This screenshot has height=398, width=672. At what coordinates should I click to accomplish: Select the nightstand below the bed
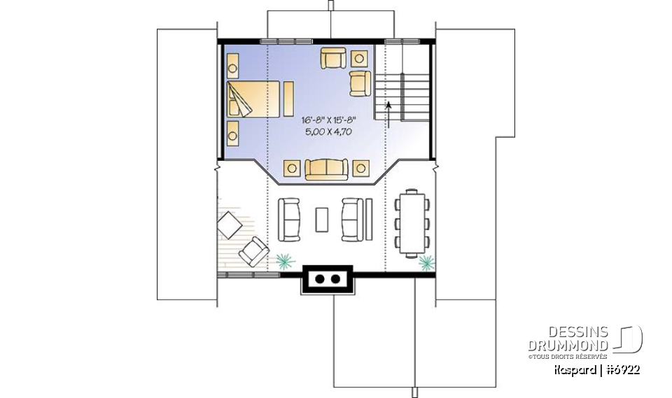coord(232,130)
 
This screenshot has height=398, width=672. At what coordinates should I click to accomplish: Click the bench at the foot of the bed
coord(288,99)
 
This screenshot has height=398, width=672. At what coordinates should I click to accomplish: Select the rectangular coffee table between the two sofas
coord(322,220)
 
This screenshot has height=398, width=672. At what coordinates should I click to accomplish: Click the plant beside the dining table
coord(425,262)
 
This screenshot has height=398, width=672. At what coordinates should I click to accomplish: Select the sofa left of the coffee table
coord(290,219)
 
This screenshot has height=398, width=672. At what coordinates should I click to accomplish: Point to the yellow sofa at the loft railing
coord(325,169)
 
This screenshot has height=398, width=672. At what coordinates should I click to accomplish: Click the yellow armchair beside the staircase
coord(360,83)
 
